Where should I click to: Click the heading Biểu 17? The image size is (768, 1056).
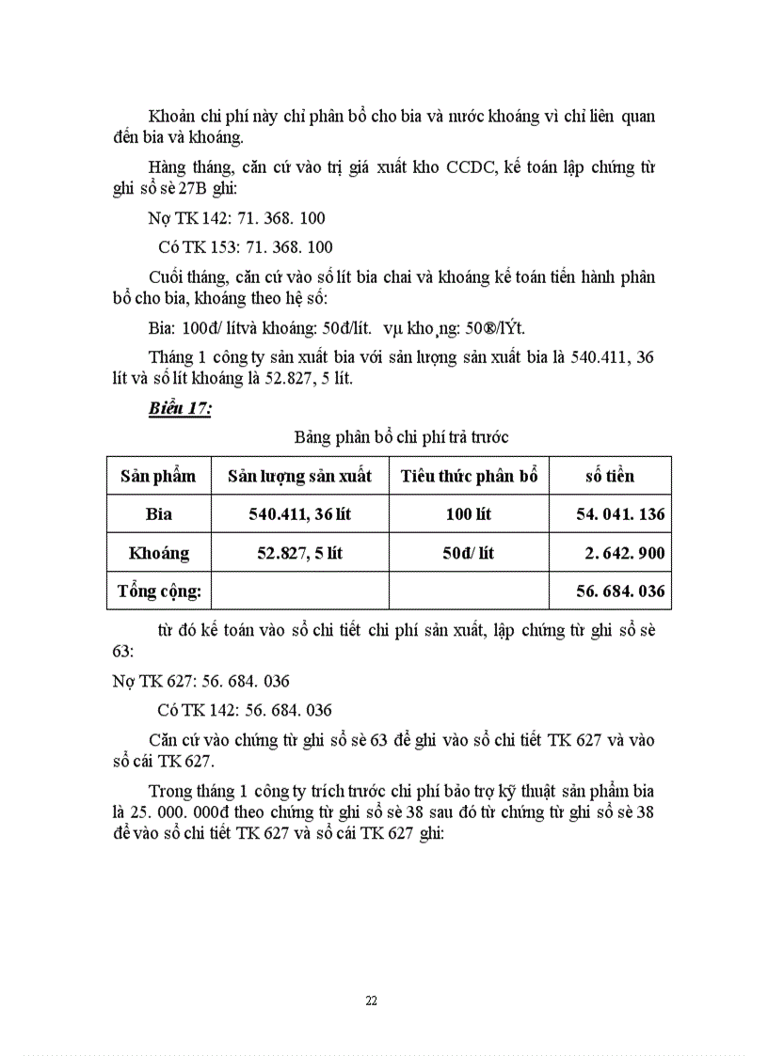[x=179, y=408]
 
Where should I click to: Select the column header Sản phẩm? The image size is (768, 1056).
[x=158, y=476]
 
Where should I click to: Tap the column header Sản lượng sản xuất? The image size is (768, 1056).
[x=299, y=476]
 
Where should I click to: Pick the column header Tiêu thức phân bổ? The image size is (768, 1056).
[x=469, y=476]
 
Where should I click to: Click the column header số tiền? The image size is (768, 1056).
[x=609, y=476]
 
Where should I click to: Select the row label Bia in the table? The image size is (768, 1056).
[x=158, y=514]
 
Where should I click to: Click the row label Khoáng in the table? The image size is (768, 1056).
[x=158, y=553]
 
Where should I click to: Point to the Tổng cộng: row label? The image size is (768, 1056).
[x=159, y=591]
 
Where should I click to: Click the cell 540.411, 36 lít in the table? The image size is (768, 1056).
[x=299, y=514]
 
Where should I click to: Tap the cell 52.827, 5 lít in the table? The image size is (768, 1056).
[x=299, y=553]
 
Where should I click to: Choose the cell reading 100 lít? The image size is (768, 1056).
[x=469, y=514]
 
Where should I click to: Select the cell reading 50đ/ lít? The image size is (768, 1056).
[x=469, y=553]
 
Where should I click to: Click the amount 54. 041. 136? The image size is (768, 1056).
[x=620, y=514]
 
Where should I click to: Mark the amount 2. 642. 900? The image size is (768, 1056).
[x=624, y=553]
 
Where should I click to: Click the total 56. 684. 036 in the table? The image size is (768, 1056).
[x=620, y=591]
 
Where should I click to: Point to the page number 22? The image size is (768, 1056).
[x=371, y=1000]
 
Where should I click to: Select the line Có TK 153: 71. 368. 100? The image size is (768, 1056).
[x=245, y=247]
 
